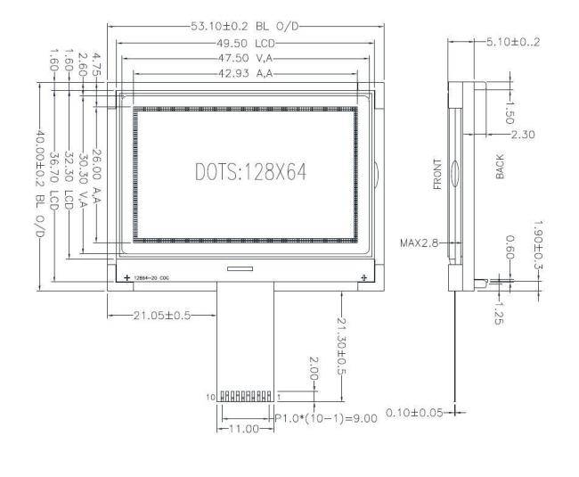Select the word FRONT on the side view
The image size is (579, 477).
click(436, 175)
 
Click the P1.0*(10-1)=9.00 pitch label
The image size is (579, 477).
click(324, 418)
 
